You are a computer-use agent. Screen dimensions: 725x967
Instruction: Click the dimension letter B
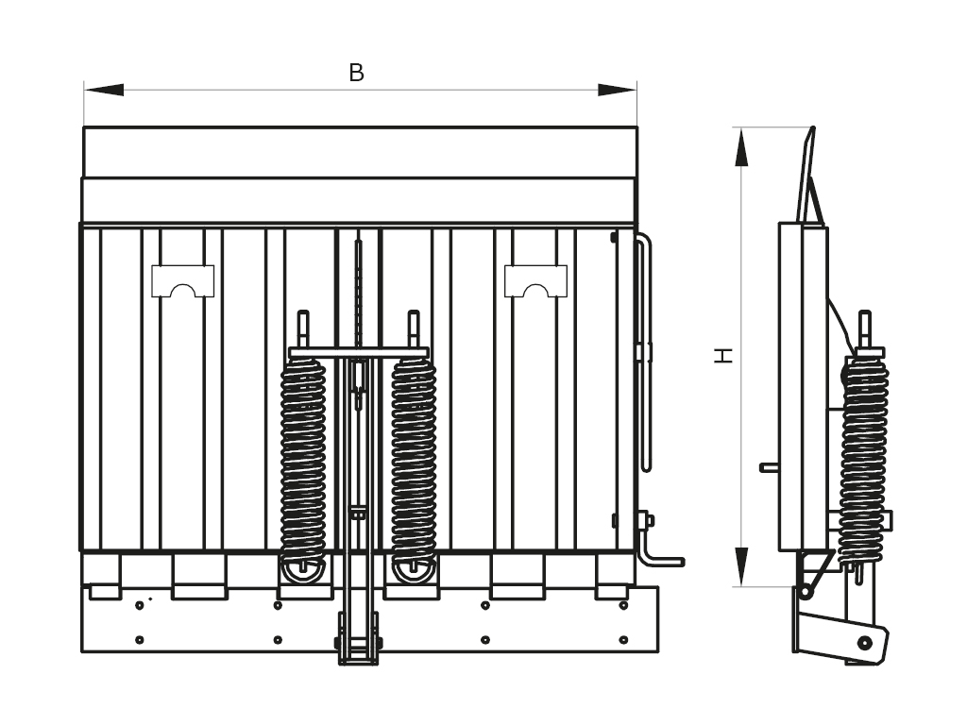356,73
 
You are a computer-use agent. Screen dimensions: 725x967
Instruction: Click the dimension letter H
722,355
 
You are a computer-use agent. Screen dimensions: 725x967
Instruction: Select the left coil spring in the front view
303,463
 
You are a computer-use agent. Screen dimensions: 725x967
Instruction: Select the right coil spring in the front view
414,463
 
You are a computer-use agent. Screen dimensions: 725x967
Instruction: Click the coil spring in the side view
863,463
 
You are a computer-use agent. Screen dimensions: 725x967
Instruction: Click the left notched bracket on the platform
182,280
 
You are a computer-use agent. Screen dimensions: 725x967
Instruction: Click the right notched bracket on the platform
535,280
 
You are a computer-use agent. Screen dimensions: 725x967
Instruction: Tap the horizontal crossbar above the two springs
359,353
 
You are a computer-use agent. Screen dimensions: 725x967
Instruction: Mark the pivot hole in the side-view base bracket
864,643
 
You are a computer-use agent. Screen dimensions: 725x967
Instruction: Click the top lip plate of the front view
359,152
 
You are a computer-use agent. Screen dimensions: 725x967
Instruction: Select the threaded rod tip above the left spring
303,326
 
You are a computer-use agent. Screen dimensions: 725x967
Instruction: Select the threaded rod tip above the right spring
414,326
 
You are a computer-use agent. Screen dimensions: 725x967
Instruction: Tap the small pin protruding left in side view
769,466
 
